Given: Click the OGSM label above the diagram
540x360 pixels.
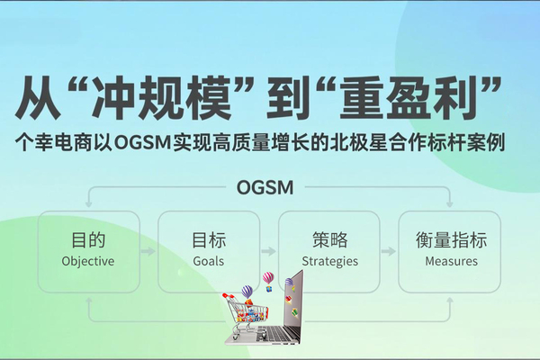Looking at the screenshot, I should point(270,188).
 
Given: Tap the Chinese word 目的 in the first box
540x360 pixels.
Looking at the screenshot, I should point(88,241).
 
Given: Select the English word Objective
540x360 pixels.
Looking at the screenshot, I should point(88,262).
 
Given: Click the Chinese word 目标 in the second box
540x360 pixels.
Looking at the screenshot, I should point(209,241).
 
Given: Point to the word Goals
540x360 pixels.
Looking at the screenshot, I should point(209,262).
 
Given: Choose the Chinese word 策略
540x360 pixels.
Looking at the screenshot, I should point(329,241).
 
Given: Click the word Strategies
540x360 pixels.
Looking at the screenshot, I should point(329,262).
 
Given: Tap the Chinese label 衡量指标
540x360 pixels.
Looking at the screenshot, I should point(451,241).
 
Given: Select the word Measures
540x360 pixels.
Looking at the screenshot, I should point(451,262).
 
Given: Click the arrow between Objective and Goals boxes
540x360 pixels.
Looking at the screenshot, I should point(148,252).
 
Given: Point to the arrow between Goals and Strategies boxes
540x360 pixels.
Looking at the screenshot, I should point(269,252).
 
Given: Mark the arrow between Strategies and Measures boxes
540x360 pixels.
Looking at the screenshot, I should point(390,252).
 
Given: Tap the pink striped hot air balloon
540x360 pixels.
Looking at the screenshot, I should point(267,278).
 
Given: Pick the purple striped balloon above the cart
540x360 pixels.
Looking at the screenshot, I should point(247,292).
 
